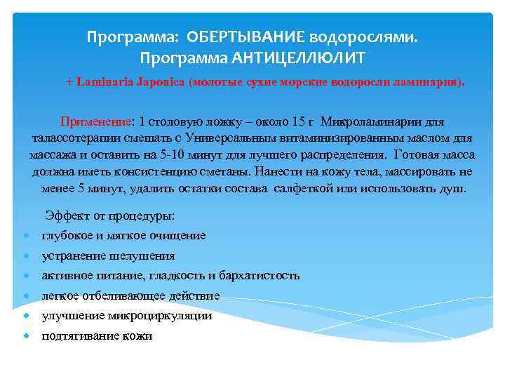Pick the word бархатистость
click(x=259, y=276)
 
